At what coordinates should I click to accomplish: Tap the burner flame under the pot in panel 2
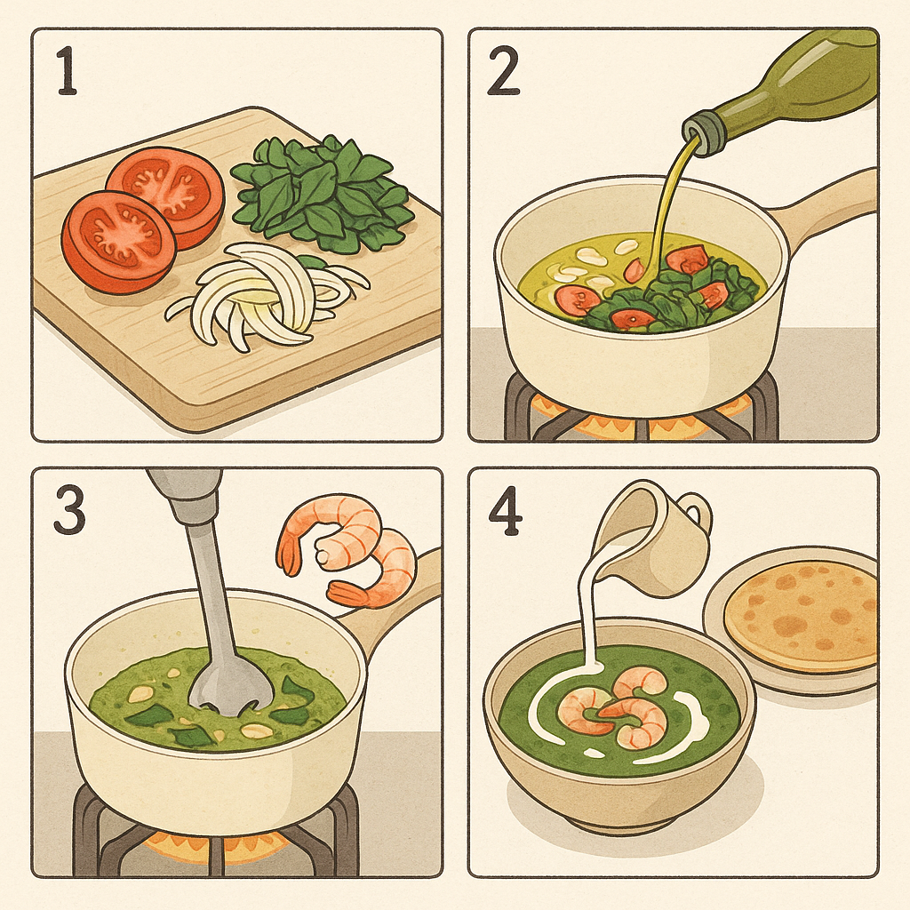coord(640,422)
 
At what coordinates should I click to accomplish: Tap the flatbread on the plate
coord(800,613)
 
